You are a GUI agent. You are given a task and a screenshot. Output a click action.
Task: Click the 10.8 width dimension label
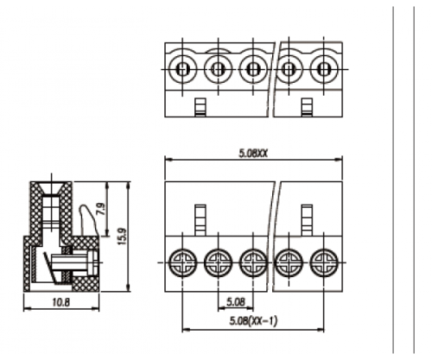pyautogui.click(x=61, y=302)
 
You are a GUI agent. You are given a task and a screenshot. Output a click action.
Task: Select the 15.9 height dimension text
pyautogui.click(x=122, y=237)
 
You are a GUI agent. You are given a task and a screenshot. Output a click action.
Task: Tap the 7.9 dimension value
pyautogui.click(x=101, y=209)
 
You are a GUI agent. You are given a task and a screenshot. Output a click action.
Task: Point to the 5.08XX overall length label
pyautogui.click(x=253, y=154)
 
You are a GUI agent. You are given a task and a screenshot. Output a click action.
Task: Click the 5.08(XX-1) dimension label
pyautogui.click(x=253, y=320)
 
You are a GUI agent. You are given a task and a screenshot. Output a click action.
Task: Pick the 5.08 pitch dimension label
pyautogui.click(x=236, y=302)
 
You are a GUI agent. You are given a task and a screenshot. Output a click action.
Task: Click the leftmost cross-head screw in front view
pyautogui.click(x=182, y=262)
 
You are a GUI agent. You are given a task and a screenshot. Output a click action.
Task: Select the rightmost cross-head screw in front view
pyautogui.click(x=324, y=262)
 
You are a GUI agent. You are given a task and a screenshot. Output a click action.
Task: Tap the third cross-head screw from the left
pyautogui.click(x=253, y=262)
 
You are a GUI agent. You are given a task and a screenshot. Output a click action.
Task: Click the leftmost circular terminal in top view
pyautogui.click(x=182, y=69)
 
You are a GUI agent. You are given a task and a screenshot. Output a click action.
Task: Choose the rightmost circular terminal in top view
pyautogui.click(x=324, y=69)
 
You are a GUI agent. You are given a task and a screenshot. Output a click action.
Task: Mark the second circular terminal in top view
pyautogui.click(x=218, y=69)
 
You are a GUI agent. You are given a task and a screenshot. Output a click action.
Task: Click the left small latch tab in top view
pyautogui.click(x=200, y=107)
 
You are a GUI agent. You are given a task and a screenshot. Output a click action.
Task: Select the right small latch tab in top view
pyautogui.click(x=307, y=107)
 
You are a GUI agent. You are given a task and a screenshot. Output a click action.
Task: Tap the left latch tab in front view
pyautogui.click(x=200, y=220)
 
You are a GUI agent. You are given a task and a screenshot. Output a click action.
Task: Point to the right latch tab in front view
pyautogui.click(x=307, y=220)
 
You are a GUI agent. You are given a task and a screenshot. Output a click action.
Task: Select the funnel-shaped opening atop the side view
pyautogui.click(x=51, y=189)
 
